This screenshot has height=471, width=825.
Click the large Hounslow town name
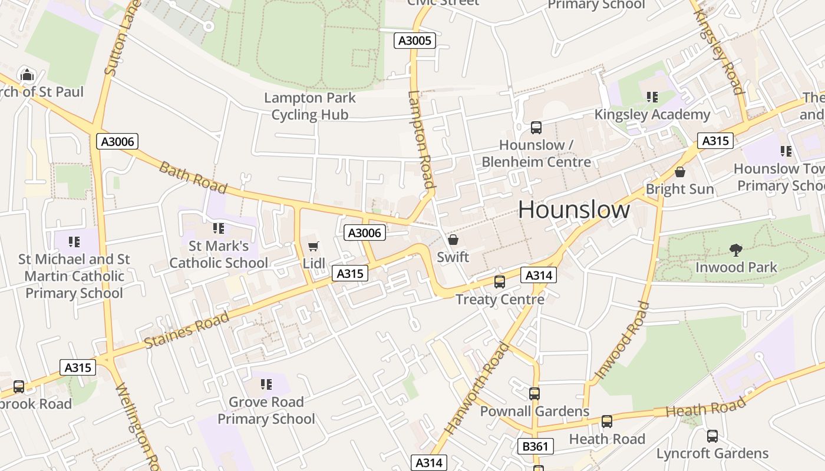point(574,210)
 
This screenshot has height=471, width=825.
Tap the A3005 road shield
point(415,41)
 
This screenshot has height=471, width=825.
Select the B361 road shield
point(535,446)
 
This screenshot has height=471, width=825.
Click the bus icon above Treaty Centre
point(500,282)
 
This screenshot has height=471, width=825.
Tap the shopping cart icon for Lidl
point(313,246)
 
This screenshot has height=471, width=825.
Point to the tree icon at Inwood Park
point(735,250)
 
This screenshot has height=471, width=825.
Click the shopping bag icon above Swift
point(453,240)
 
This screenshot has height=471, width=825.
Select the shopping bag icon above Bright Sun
point(680,172)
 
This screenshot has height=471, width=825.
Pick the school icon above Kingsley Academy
point(652,97)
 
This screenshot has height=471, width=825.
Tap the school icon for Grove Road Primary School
point(266,384)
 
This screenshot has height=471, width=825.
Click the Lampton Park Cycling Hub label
point(309,106)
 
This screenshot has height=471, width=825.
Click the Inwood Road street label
point(622,340)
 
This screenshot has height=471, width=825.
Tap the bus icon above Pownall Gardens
point(534,394)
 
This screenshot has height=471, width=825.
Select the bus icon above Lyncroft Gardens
point(712,436)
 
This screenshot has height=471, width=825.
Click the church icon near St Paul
point(27,75)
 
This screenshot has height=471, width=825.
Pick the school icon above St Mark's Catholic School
point(219,228)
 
